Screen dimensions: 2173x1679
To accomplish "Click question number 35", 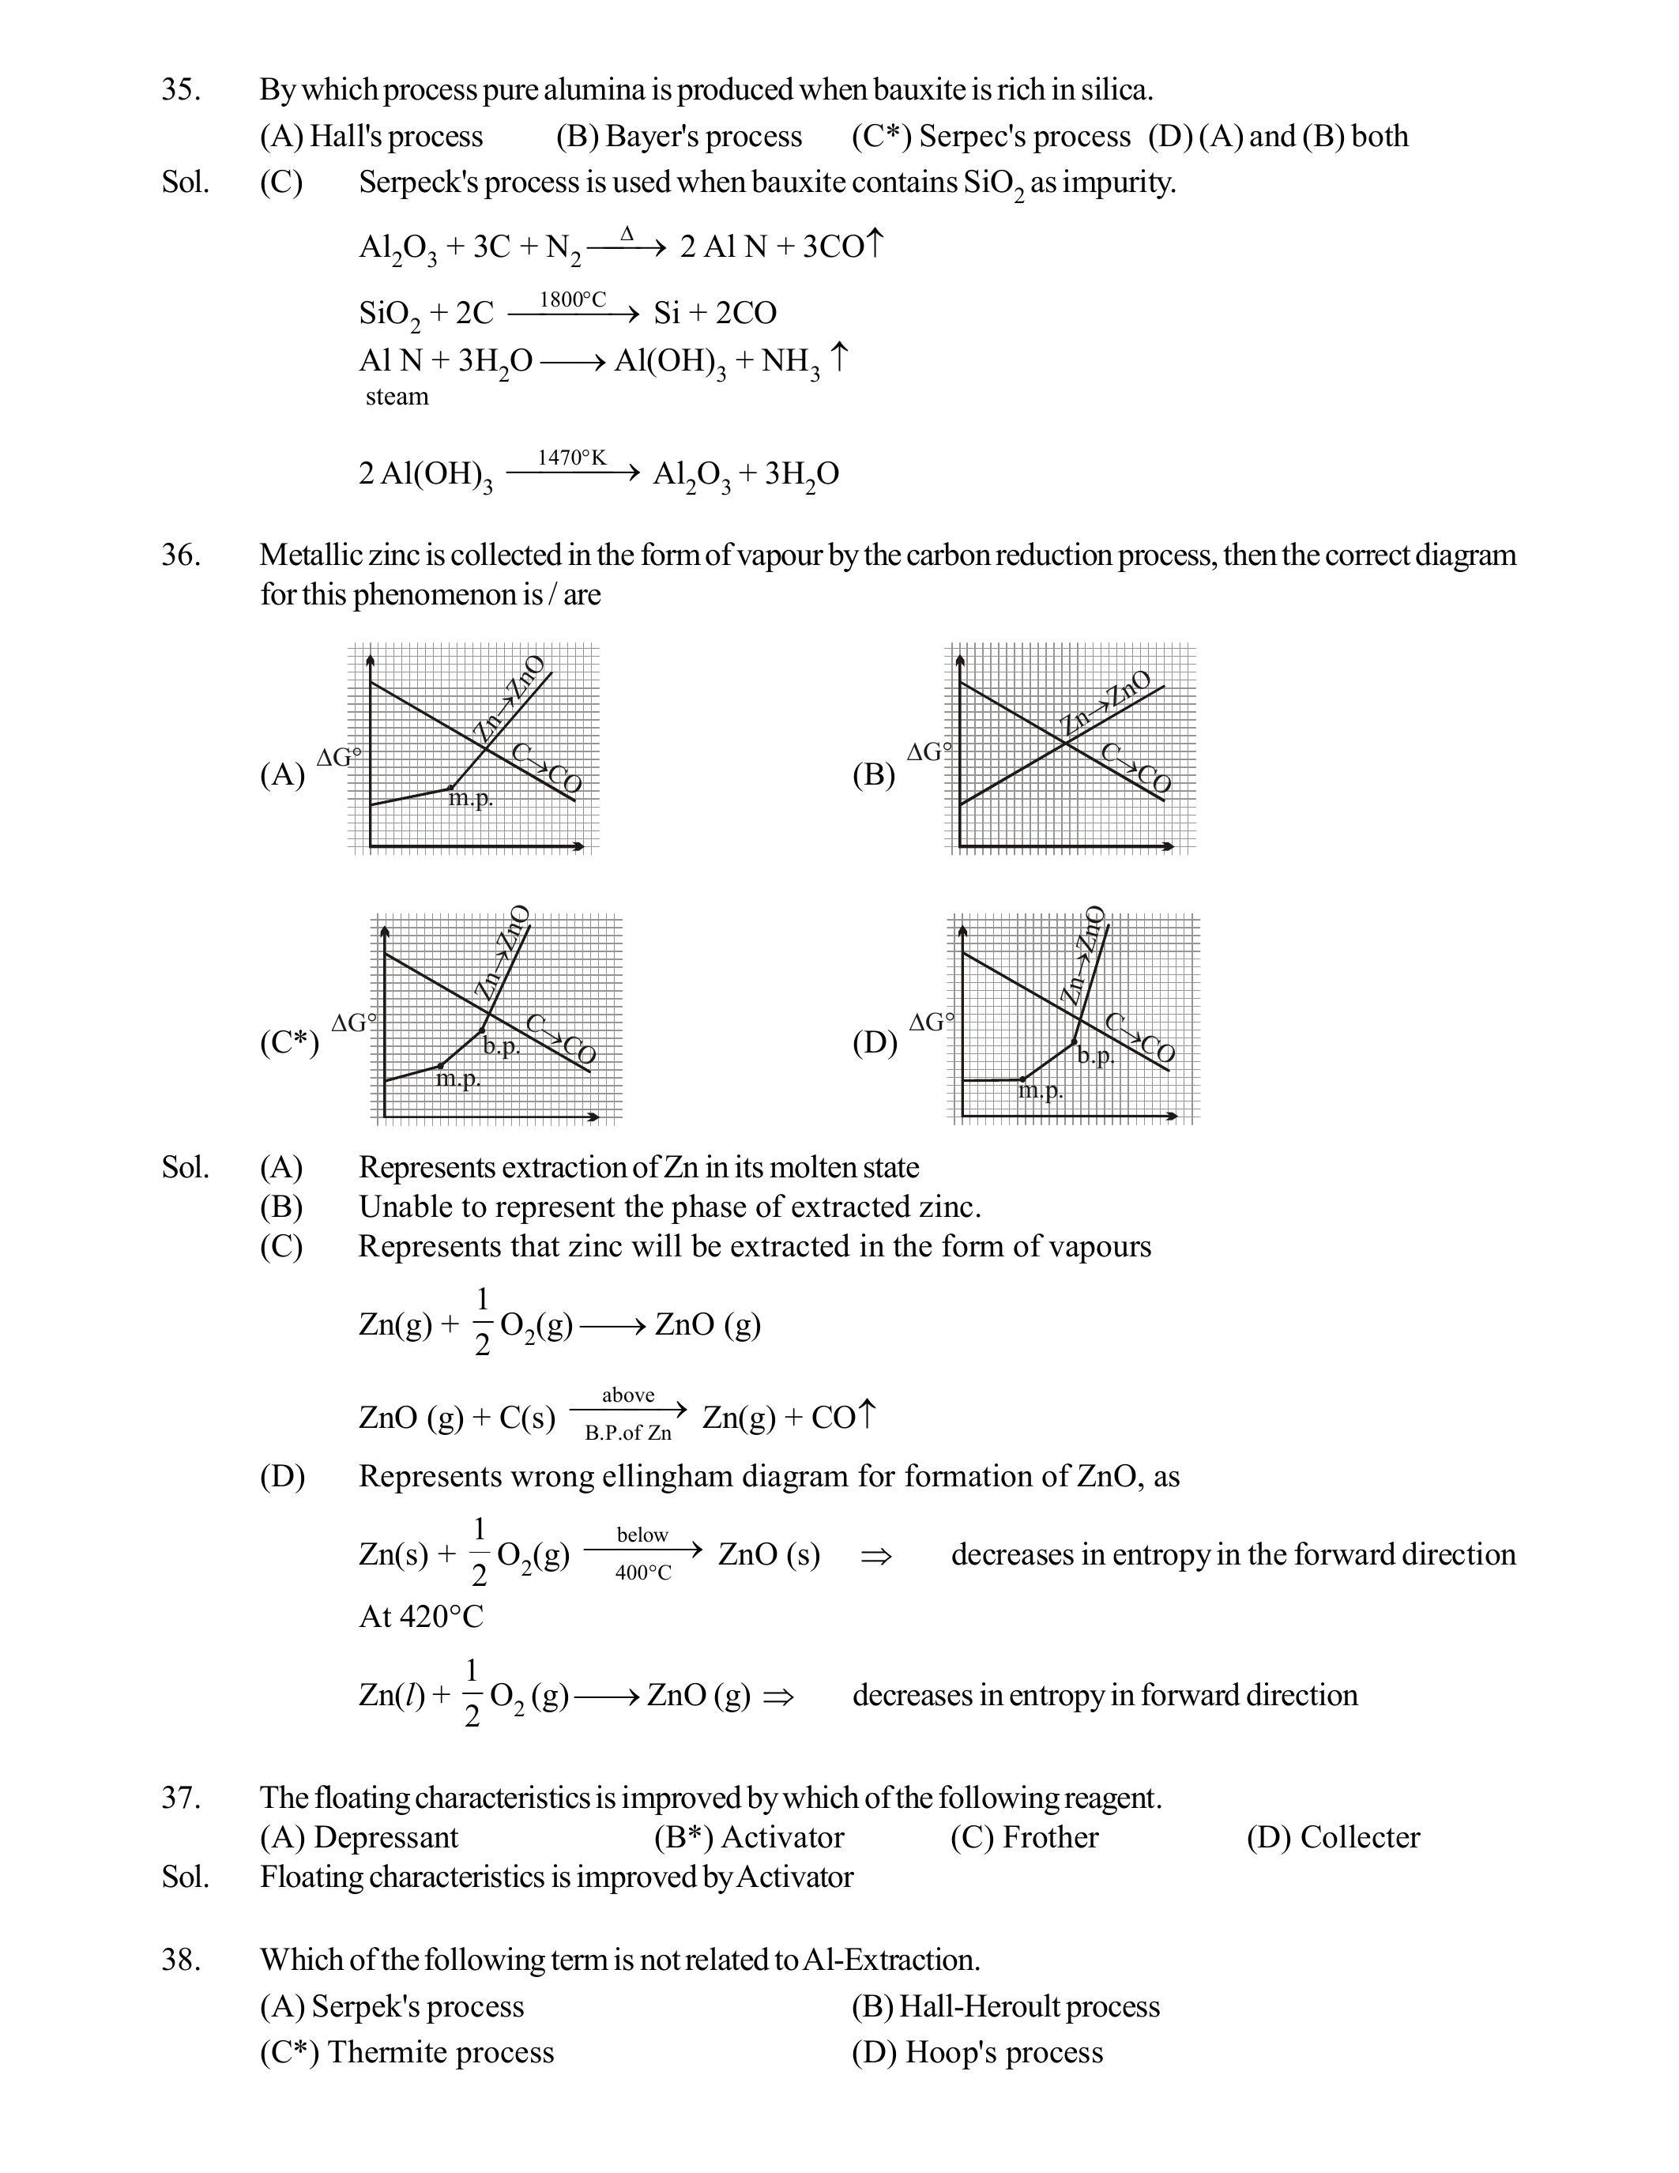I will [x=180, y=89].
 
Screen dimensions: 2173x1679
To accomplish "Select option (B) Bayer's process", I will [x=679, y=137].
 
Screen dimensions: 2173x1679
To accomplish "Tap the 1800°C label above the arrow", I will [x=572, y=299].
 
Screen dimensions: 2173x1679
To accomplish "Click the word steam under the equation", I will [x=397, y=396].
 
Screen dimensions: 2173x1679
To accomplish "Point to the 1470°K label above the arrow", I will [x=571, y=457].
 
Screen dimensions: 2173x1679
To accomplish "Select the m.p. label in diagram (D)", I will [x=1041, y=1090].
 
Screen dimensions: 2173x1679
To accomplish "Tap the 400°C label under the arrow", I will [x=642, y=1573].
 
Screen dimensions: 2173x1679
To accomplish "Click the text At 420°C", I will [x=421, y=1617].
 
